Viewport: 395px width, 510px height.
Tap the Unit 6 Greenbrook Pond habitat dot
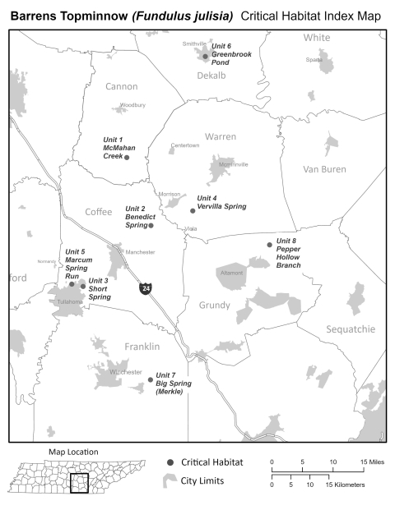(x=205, y=57)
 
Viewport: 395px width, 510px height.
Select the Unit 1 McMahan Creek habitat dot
(x=127, y=157)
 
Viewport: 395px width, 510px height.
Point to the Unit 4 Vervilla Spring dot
(x=193, y=210)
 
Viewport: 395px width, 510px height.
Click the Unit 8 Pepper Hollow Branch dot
(x=269, y=244)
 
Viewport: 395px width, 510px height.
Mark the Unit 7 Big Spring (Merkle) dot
(x=151, y=379)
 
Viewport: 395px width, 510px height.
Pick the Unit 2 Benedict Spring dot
(x=151, y=225)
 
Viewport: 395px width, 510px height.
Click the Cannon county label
(x=122, y=86)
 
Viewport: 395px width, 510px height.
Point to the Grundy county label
(x=215, y=306)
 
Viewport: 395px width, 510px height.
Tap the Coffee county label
(x=98, y=212)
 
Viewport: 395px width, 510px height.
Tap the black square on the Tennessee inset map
(x=78, y=484)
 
